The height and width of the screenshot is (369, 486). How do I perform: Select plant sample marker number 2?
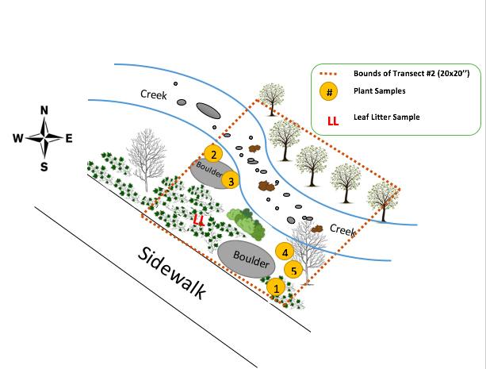point(212,154)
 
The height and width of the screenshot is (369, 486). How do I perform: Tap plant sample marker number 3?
point(230,180)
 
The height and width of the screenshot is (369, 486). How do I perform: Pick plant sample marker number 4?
point(284,252)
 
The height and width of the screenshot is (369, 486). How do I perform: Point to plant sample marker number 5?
point(293,270)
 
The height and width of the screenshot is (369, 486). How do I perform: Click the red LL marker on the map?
point(199,219)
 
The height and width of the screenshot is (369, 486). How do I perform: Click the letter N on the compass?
point(44,110)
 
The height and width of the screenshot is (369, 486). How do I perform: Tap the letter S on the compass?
point(44,166)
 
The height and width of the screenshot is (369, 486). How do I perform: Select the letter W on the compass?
point(17,138)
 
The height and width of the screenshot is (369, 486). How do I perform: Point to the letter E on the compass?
point(69,138)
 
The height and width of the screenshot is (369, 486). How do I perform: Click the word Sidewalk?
point(171,273)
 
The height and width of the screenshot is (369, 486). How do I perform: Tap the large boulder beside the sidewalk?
point(241,258)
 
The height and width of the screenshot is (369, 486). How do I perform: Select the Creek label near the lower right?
point(342,229)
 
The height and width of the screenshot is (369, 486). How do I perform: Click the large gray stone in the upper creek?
point(208,110)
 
